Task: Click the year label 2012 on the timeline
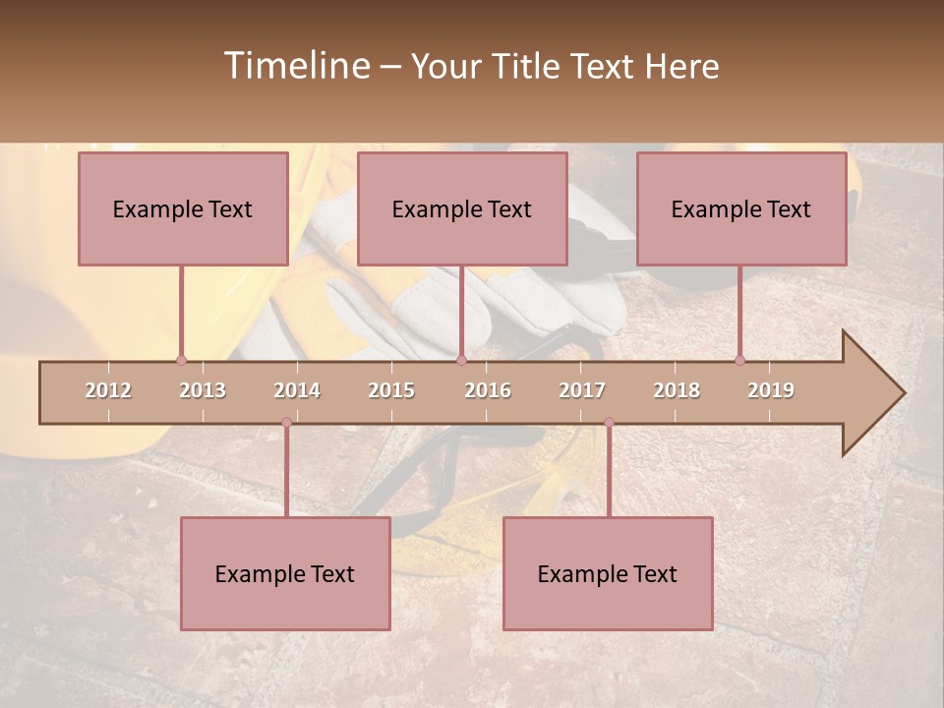pos(108,390)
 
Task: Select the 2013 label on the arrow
pos(203,390)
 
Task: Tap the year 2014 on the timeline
pos(297,390)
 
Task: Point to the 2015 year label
pos(391,390)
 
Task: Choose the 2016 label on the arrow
pos(488,390)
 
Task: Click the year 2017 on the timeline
pos(582,390)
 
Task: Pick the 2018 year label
pos(677,390)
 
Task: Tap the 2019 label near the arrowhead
pos(771,390)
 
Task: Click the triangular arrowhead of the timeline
pos(871,393)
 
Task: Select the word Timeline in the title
pos(294,66)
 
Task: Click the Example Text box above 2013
pos(183,208)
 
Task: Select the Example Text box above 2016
pos(462,208)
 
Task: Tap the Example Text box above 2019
pos(741,208)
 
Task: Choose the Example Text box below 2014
pos(285,573)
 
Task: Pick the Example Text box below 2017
pos(608,573)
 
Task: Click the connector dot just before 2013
pos(181,360)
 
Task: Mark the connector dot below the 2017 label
pos(609,423)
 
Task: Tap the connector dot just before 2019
pos(739,360)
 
